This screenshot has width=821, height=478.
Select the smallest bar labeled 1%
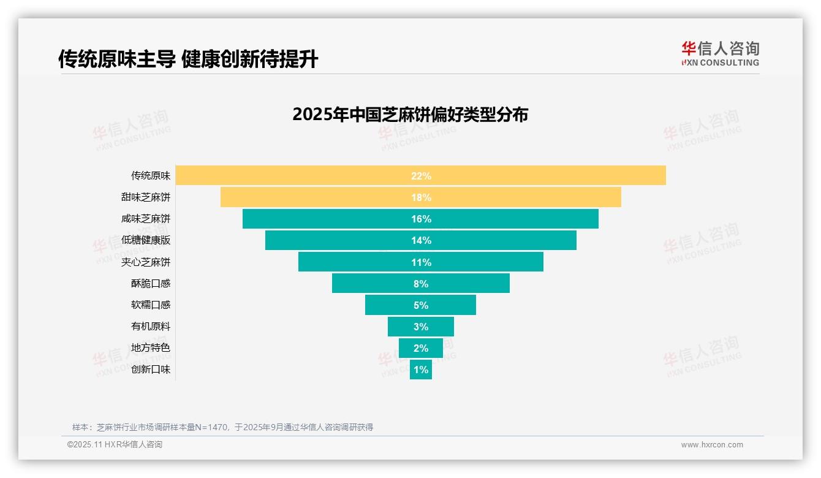(421, 370)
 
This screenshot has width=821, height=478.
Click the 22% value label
(421, 176)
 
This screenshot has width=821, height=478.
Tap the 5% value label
(421, 305)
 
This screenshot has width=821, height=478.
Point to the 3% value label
(421, 327)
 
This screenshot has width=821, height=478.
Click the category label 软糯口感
(151, 305)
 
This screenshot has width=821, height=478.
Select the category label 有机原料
(151, 326)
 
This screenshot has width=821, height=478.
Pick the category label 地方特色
(151, 347)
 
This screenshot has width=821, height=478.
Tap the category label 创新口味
(151, 370)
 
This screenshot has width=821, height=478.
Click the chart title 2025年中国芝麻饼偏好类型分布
(410, 115)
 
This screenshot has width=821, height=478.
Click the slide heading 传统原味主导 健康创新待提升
(188, 59)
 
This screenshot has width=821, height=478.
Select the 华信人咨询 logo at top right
(720, 53)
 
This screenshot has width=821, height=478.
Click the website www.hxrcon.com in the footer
(712, 445)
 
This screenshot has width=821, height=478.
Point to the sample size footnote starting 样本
(222, 427)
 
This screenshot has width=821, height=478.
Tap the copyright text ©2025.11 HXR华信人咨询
(115, 445)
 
